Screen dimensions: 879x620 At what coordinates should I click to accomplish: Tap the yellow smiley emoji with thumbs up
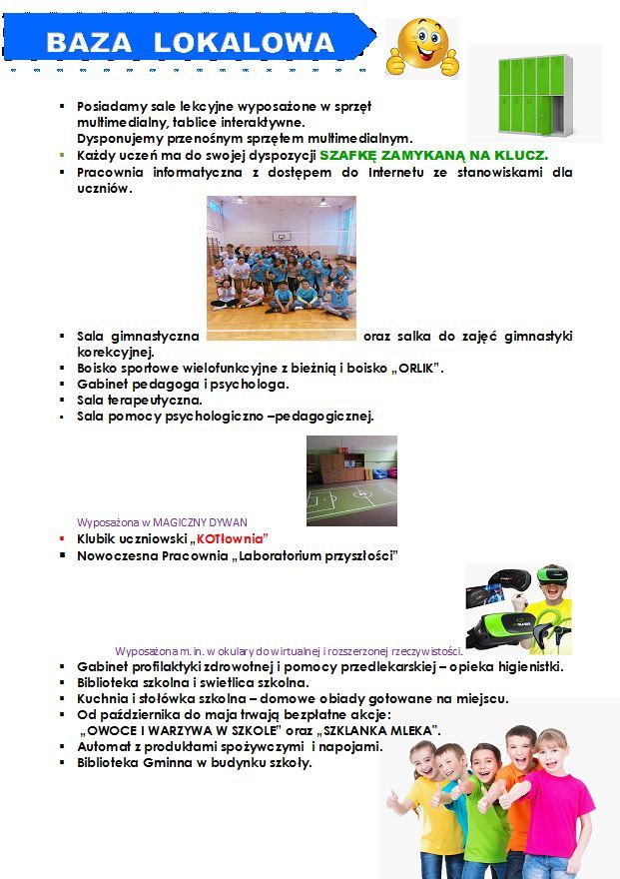point(421,47)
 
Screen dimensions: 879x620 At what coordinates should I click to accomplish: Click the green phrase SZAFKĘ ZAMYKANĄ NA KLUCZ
point(433,156)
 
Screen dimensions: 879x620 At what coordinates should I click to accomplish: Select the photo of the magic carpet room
point(351,479)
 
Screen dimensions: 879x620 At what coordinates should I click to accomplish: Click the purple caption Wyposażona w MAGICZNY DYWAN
point(162,521)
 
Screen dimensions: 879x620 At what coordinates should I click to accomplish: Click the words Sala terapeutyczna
point(139,400)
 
